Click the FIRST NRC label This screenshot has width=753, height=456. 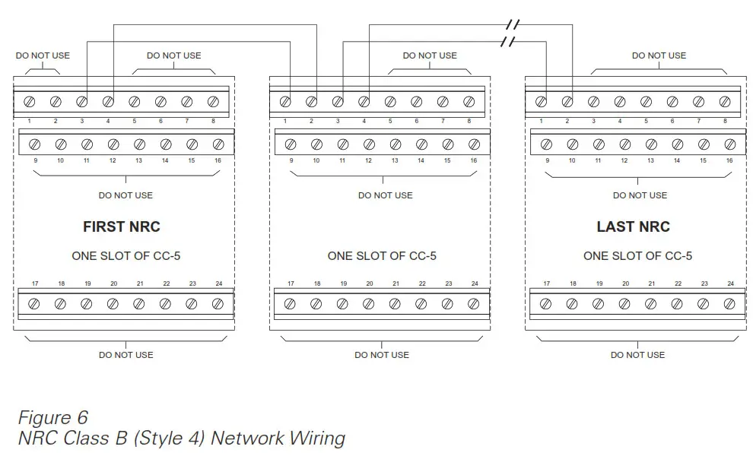[x=122, y=226]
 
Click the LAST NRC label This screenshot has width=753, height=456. [x=633, y=226]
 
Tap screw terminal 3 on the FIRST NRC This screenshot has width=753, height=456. [x=82, y=101]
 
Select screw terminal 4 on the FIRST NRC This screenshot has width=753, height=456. [x=108, y=101]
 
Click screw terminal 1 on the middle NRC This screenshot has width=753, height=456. [x=285, y=101]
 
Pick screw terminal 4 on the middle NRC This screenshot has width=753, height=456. [x=364, y=101]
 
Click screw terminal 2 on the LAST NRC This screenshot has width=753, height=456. [x=567, y=101]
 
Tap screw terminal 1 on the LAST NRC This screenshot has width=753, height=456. [x=541, y=101]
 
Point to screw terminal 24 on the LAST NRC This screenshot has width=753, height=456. [x=729, y=304]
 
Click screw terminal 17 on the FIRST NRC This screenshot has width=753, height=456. [x=34, y=304]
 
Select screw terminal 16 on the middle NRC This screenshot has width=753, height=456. [x=474, y=144]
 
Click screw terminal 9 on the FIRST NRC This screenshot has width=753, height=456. [x=34, y=144]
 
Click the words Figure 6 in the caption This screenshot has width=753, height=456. [x=53, y=417]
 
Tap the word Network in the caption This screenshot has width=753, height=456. [x=245, y=439]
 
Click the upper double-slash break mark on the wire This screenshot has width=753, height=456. [x=513, y=25]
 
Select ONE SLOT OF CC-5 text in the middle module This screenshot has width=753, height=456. [x=382, y=256]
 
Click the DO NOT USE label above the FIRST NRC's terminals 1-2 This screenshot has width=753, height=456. [x=43, y=55]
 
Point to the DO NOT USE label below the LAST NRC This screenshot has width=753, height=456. [x=637, y=355]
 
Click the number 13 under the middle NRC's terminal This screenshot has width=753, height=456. [x=395, y=160]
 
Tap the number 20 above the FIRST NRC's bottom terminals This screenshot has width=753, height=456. [x=113, y=283]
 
